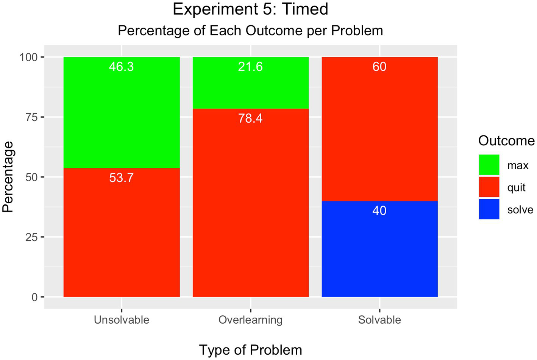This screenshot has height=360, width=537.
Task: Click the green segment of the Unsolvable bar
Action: (x=122, y=114)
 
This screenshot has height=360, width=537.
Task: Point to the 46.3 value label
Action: (x=122, y=67)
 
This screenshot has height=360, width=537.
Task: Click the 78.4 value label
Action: (x=250, y=118)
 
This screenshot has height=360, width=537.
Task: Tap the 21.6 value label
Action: (x=250, y=67)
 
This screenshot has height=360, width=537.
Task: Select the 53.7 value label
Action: (x=122, y=178)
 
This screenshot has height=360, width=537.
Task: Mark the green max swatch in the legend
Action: (x=489, y=165)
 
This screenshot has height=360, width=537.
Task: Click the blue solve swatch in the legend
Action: (x=489, y=209)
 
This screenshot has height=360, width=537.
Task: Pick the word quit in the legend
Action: (x=516, y=188)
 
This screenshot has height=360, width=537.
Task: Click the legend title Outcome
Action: (x=506, y=141)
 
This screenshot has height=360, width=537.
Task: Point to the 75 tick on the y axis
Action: (x=32, y=117)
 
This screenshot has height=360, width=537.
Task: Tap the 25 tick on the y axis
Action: (x=32, y=237)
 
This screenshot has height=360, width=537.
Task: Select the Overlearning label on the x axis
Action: (x=250, y=320)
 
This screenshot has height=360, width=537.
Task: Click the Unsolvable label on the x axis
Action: (x=122, y=320)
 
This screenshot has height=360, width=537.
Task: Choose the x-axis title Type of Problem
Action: (x=250, y=350)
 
